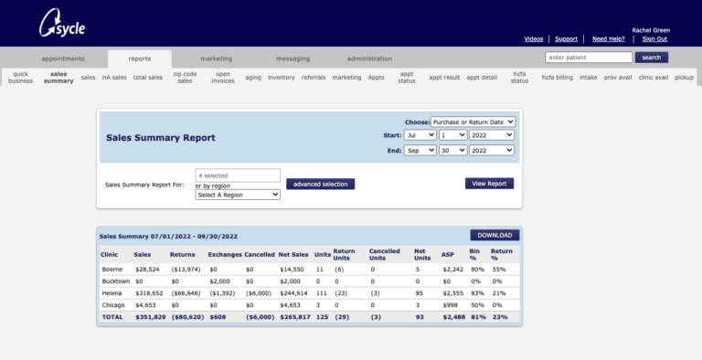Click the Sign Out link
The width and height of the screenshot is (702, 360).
point(654,38)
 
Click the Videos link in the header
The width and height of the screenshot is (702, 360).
point(534,38)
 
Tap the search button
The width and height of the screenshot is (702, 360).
point(650,58)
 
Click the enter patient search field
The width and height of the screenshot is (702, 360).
point(589,58)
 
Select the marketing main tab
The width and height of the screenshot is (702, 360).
point(216,58)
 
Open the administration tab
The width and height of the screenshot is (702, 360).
point(369,58)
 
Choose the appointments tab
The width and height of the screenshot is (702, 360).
point(62,58)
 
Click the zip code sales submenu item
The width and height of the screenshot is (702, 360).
point(184,78)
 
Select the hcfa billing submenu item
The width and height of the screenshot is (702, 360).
point(556,78)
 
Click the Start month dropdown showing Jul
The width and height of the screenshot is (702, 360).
point(420,135)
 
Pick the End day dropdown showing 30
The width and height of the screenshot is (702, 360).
point(452,151)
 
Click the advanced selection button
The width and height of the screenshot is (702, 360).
point(320,184)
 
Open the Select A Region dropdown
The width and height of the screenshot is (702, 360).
point(238,195)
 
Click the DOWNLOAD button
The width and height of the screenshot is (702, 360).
point(495,235)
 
